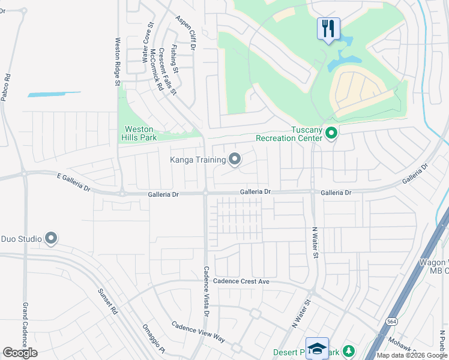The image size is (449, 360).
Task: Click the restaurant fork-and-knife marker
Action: click(x=328, y=28)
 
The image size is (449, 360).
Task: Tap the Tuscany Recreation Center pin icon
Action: click(x=331, y=133)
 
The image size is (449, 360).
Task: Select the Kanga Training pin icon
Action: click(x=235, y=160)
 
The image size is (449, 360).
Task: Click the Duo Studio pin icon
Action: click(x=51, y=239)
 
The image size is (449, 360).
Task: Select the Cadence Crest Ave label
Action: click(x=242, y=281)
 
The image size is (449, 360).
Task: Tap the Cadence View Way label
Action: click(x=198, y=332)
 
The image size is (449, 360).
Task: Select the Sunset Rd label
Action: click(x=109, y=302)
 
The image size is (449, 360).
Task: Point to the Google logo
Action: click(x=20, y=353)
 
